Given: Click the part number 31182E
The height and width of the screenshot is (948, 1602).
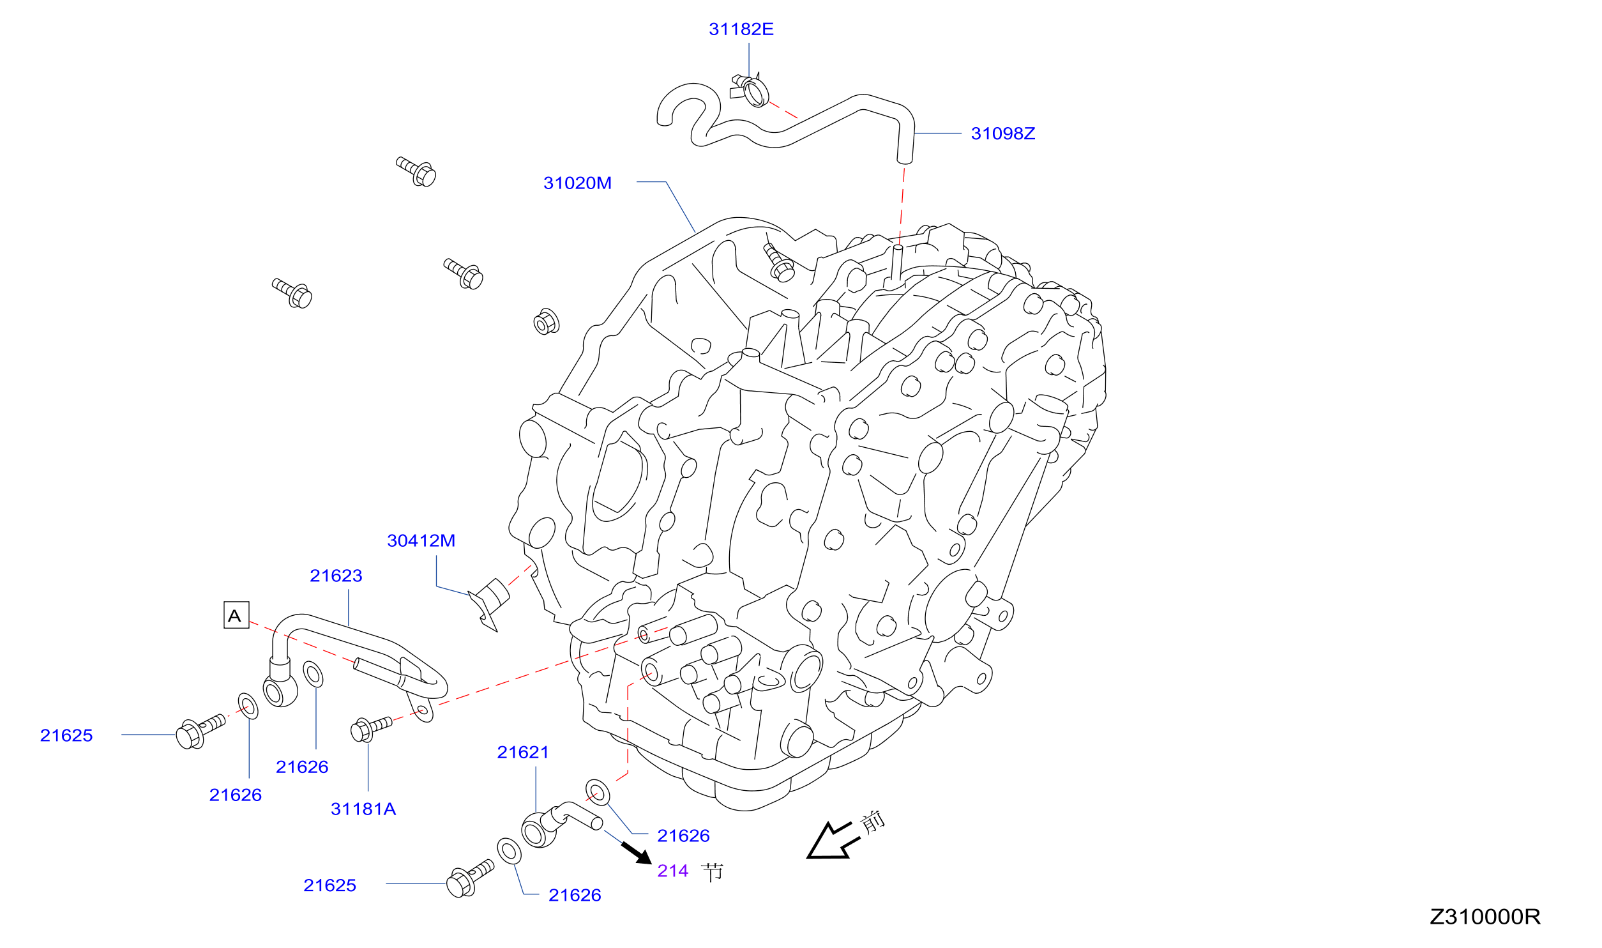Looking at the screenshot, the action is click(741, 29).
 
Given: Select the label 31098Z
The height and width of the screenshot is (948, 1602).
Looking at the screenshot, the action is click(1002, 134).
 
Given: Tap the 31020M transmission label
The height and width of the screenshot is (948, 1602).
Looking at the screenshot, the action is click(577, 183).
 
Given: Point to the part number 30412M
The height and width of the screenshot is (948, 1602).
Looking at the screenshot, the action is click(421, 541).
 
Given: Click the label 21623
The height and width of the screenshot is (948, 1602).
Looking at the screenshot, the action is click(336, 576).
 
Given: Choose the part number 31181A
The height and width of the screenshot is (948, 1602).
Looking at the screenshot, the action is click(363, 809).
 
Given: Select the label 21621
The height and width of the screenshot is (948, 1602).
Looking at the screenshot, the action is click(523, 753).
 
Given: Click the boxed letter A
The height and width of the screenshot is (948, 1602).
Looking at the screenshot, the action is click(236, 615).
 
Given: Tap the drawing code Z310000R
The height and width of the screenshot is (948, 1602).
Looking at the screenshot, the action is click(1485, 917).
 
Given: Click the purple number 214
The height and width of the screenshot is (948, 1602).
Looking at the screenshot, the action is click(673, 871).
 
